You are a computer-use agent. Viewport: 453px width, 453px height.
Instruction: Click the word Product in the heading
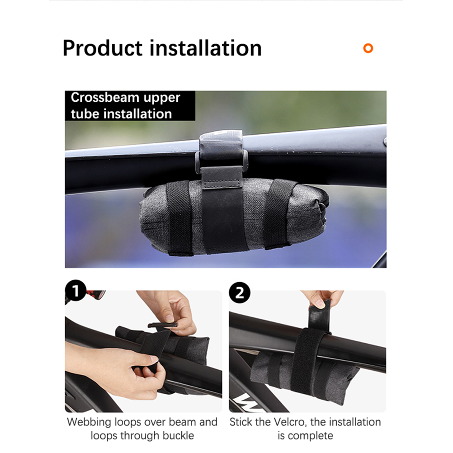[103, 48]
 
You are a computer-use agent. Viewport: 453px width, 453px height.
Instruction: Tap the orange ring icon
[368, 48]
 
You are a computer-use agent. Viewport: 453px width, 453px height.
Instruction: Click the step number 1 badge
[75, 290]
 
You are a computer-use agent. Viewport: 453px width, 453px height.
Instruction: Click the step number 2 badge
[240, 293]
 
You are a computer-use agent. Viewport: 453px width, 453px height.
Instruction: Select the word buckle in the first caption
[178, 435]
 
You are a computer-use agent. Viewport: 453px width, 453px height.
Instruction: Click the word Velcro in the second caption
[289, 422]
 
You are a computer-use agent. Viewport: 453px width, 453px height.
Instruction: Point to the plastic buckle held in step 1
[162, 325]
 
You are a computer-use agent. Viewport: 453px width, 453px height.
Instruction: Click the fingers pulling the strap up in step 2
[323, 298]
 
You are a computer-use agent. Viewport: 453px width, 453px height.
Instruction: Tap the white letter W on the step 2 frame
[246, 403]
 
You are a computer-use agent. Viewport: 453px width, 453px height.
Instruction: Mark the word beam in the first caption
[186, 422]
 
